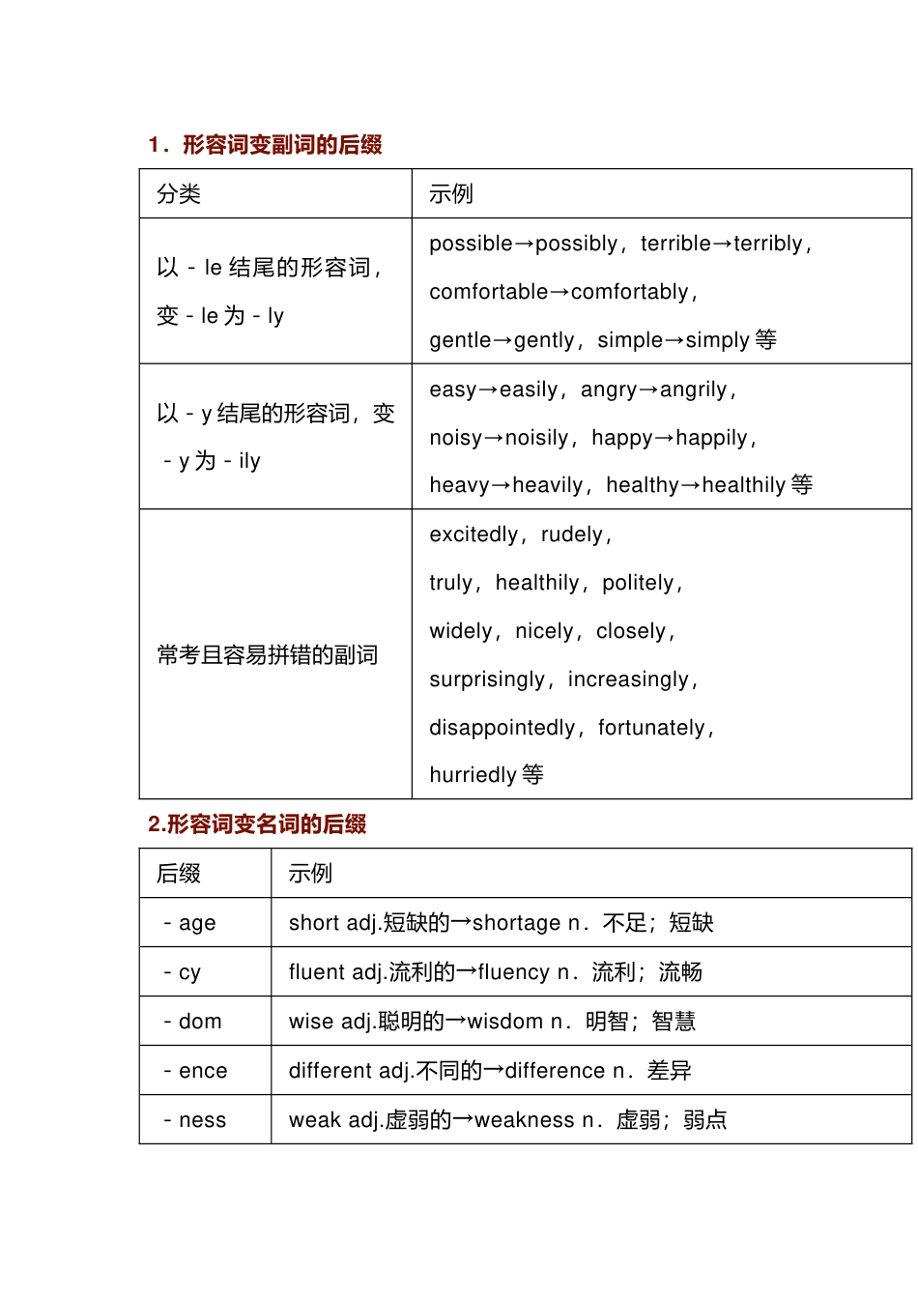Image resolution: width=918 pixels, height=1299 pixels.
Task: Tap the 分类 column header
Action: [x=179, y=194]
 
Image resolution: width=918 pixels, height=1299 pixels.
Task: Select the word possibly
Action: [x=576, y=244]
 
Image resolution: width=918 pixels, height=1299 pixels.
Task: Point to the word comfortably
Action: [x=630, y=292]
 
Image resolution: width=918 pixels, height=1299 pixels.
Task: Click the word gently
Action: [x=544, y=340]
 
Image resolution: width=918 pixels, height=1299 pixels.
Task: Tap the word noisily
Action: [x=536, y=438]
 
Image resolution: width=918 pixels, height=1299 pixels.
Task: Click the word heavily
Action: [x=548, y=485]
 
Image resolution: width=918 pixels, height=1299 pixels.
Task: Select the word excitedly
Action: [x=473, y=534]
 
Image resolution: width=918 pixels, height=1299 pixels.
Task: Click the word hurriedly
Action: [x=473, y=775]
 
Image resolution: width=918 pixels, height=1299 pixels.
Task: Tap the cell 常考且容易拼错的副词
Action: [x=267, y=655]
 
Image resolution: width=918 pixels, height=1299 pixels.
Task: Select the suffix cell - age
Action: [x=190, y=923]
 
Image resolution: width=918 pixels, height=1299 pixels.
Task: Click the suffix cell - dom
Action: [x=193, y=1022]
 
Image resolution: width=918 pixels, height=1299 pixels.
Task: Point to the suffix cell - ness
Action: [x=195, y=1120]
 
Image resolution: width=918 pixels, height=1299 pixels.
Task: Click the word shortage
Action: [x=516, y=923]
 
